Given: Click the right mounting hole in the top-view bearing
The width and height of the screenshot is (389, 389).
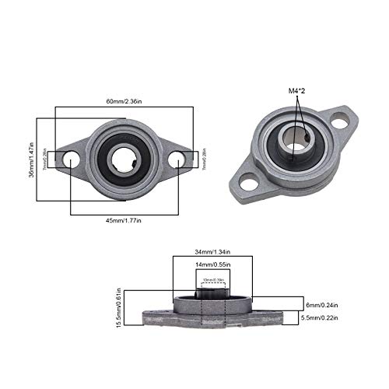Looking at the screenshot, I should coord(177,160).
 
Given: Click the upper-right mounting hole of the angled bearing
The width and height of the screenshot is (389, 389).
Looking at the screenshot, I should coord(339,122).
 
